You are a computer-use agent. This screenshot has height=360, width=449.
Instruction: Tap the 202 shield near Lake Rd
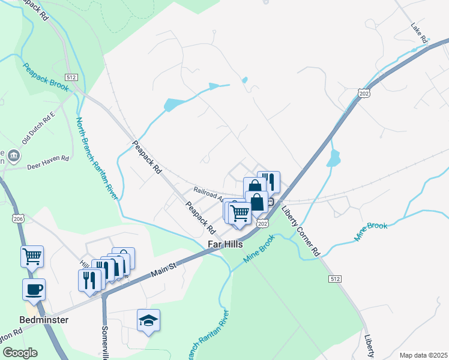click(x=363, y=94)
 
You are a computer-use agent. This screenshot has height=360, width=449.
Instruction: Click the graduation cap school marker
click(x=148, y=320)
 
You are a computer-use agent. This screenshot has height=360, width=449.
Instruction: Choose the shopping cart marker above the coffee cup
click(x=32, y=256)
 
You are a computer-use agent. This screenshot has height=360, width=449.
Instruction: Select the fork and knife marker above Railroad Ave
click(x=269, y=181)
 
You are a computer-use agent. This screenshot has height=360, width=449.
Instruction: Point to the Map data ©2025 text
click(x=423, y=355)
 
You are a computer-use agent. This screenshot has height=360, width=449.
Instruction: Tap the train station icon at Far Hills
click(x=271, y=202)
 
